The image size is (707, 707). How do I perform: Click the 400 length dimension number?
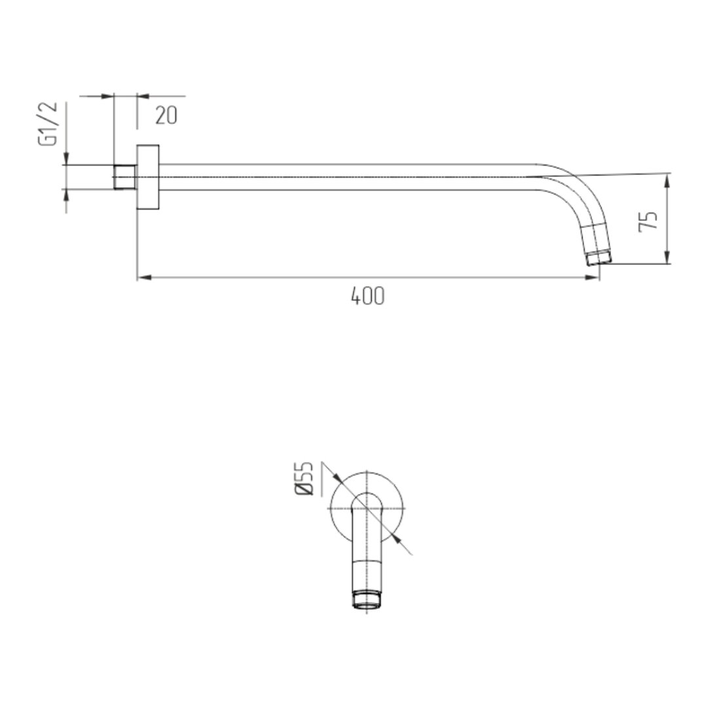367,297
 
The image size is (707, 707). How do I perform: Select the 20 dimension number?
166,115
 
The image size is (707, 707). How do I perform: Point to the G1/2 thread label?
48,124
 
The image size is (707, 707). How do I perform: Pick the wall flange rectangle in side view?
148,177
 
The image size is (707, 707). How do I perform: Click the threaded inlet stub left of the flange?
125,177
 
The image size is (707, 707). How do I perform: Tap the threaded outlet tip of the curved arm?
600,259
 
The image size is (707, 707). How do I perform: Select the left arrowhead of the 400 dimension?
144,278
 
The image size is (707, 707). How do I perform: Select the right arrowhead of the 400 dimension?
592,278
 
